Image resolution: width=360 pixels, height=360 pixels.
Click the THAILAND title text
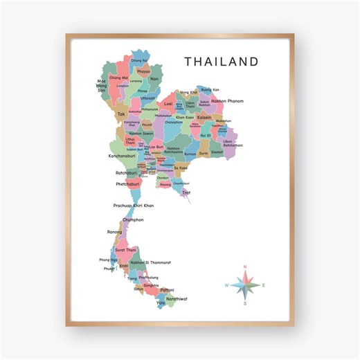pos(221,62)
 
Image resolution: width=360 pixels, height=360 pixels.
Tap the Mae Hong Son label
pos(102,86)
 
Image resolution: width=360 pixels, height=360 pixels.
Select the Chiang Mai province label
pos(119,78)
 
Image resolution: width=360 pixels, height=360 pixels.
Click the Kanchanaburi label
pos(124,156)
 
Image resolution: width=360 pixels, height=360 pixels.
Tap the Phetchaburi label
pos(127,184)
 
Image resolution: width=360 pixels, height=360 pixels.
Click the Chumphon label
pos(133,220)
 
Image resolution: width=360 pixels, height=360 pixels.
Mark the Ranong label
pos(115,232)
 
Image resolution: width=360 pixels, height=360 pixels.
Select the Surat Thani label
pos(125,249)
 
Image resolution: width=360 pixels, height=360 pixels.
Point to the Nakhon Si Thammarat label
pos(150,262)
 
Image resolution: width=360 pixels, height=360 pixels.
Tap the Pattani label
pos(167,289)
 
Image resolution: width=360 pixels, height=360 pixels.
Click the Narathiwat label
pos(177,299)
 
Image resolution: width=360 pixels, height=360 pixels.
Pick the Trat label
pos(186,192)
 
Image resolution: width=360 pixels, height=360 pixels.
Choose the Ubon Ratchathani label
pos(232,143)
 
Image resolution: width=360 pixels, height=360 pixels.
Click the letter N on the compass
pos(244,267)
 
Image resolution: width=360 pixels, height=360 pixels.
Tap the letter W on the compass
pos(226,285)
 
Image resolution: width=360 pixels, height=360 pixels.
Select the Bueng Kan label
pos(210,90)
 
